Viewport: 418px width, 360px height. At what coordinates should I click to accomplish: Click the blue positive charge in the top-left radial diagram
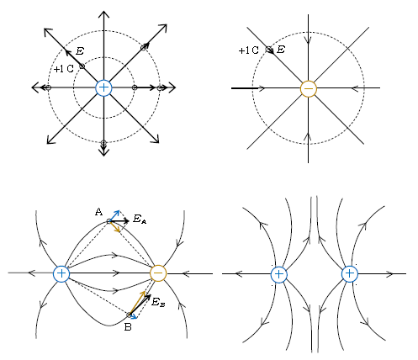pyautogui.click(x=103, y=87)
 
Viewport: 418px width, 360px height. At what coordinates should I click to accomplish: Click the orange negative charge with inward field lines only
pyautogui.click(x=309, y=89)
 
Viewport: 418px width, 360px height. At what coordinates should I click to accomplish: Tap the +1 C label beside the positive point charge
pyautogui.click(x=63, y=69)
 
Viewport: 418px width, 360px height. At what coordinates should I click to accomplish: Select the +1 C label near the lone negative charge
pyautogui.click(x=248, y=50)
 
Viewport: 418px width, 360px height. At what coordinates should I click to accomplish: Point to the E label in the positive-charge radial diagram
pyautogui.click(x=80, y=51)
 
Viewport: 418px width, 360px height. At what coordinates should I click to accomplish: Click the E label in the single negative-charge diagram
pyautogui.click(x=281, y=50)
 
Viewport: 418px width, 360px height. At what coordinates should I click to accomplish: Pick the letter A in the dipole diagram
pyautogui.click(x=98, y=212)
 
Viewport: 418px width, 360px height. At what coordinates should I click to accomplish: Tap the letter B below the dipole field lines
pyautogui.click(x=128, y=327)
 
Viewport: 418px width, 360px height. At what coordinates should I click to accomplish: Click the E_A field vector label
pyautogui.click(x=140, y=219)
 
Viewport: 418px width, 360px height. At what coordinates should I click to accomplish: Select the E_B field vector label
pyautogui.click(x=158, y=302)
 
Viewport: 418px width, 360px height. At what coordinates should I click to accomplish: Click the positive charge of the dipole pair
pyautogui.click(x=61, y=273)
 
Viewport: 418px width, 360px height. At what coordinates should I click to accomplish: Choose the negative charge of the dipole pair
pyautogui.click(x=158, y=273)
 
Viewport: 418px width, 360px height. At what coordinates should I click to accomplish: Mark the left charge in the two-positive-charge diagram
pyautogui.click(x=279, y=275)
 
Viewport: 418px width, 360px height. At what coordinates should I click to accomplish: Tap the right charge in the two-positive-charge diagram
pyautogui.click(x=350, y=274)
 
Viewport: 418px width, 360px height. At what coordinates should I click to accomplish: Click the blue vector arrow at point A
pyautogui.click(x=114, y=215)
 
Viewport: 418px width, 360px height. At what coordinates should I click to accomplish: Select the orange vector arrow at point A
pyautogui.click(x=114, y=226)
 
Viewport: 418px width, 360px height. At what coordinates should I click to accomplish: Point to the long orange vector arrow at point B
pyautogui.click(x=137, y=303)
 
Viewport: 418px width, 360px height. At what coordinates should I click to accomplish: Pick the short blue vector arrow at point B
pyautogui.click(x=133, y=317)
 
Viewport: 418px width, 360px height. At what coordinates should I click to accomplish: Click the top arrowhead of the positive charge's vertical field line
pyautogui.click(x=103, y=13)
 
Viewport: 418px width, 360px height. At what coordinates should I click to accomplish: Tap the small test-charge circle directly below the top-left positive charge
pyautogui.click(x=103, y=143)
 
